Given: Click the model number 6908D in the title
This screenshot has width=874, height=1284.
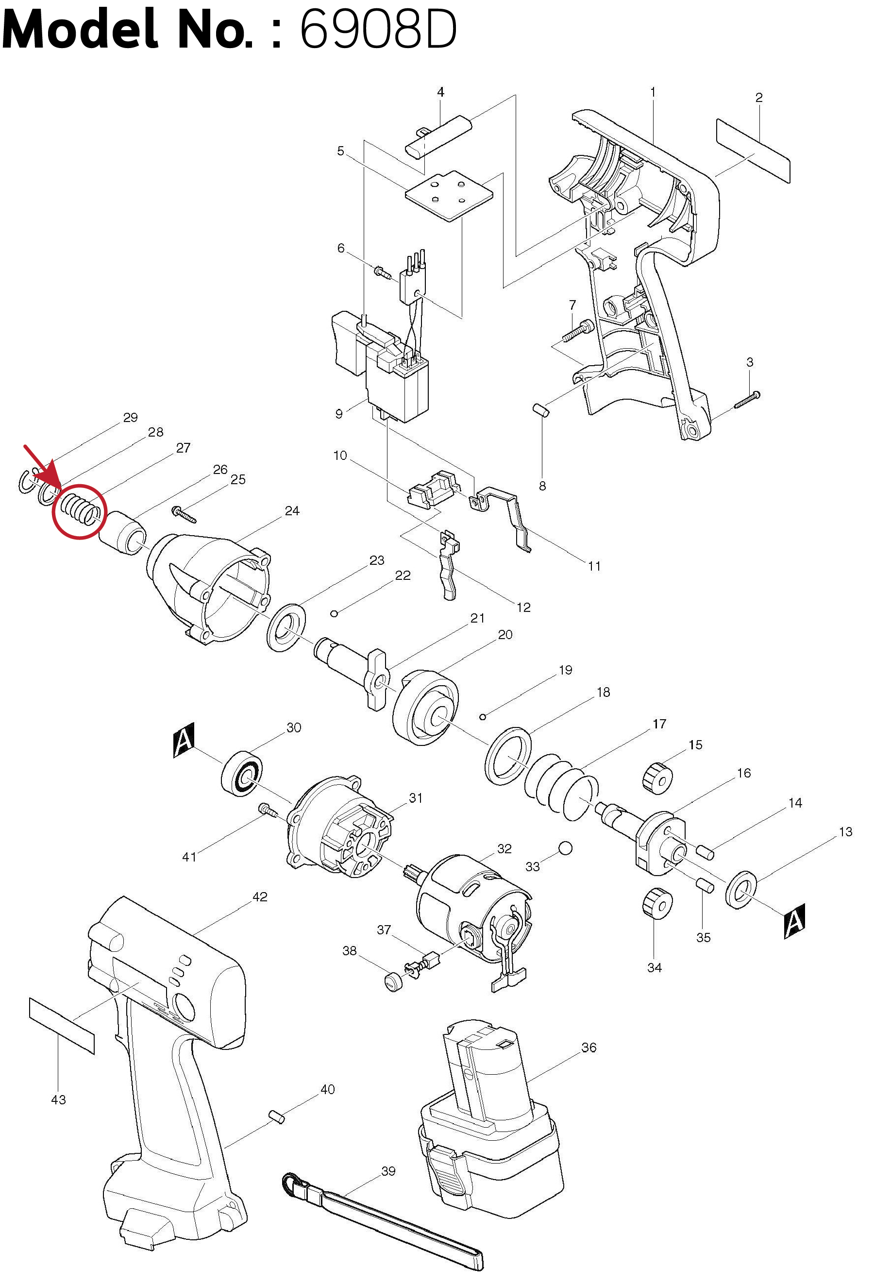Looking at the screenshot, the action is (x=378, y=29).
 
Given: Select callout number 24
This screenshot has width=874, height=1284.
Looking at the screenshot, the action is (x=292, y=510).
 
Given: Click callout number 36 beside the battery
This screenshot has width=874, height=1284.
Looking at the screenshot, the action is (x=589, y=1047).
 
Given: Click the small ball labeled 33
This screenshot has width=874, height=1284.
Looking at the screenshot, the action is (x=565, y=847).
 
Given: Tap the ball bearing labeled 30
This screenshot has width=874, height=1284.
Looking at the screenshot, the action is (x=242, y=773).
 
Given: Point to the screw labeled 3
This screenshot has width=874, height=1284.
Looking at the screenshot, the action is (x=747, y=400).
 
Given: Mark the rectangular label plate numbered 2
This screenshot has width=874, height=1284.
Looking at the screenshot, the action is (x=753, y=150).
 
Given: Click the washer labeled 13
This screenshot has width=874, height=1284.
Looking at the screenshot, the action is (x=741, y=890).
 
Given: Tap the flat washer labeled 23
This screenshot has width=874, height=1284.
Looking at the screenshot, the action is (x=286, y=627).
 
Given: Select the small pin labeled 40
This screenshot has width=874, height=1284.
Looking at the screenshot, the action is (x=276, y=1116).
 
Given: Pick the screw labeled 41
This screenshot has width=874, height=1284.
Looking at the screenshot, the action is (x=268, y=810).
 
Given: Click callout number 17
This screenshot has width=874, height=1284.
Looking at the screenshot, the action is (x=659, y=723).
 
